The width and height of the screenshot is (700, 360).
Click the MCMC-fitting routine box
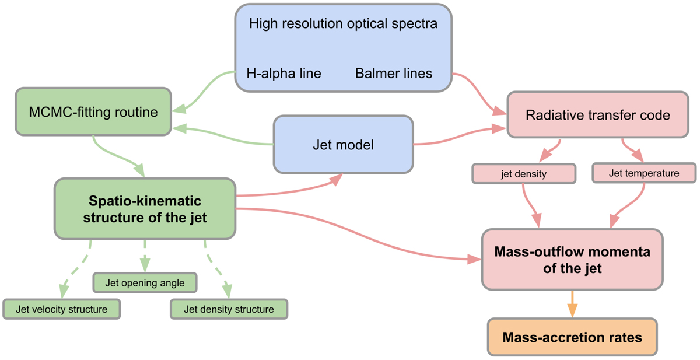coord(93,111)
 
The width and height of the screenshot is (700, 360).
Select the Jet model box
coord(343,144)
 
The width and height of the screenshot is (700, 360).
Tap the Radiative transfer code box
coord(597,115)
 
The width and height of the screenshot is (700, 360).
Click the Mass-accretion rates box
coord(572,337)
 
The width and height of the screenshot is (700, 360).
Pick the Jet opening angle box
coord(145,283)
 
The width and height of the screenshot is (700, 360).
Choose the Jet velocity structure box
coord(61,309)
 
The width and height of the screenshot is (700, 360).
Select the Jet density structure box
coord(229,309)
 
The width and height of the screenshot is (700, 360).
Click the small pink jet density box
coord(523,173)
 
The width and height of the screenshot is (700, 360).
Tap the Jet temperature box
coord(643,173)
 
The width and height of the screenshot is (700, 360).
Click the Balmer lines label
coord(394,74)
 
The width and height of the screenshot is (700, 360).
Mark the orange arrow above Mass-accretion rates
coord(572,303)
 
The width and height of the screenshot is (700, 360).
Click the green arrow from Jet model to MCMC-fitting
coord(228,135)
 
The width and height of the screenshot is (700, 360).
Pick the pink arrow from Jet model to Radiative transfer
coord(461,134)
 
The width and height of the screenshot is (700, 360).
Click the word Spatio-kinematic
coord(145,201)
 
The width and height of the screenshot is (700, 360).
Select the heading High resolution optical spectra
coord(343,25)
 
